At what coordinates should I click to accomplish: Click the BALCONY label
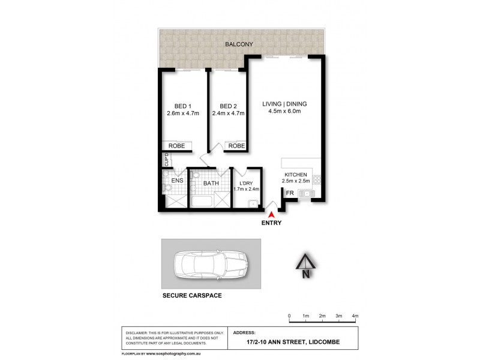(x=238, y=44)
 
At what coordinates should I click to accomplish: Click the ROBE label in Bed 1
(x=177, y=146)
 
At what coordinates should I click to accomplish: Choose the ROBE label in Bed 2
(x=236, y=146)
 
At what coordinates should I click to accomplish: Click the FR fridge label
(x=289, y=193)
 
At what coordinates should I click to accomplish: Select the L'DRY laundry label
(x=247, y=182)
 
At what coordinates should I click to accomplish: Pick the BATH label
(x=211, y=184)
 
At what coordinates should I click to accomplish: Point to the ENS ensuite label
(x=177, y=179)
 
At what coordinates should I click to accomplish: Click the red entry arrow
(x=272, y=214)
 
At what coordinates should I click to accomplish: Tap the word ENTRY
(x=272, y=223)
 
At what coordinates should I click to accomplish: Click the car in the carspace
(x=211, y=265)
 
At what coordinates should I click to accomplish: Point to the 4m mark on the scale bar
(x=355, y=316)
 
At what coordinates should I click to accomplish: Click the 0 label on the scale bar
(x=289, y=316)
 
